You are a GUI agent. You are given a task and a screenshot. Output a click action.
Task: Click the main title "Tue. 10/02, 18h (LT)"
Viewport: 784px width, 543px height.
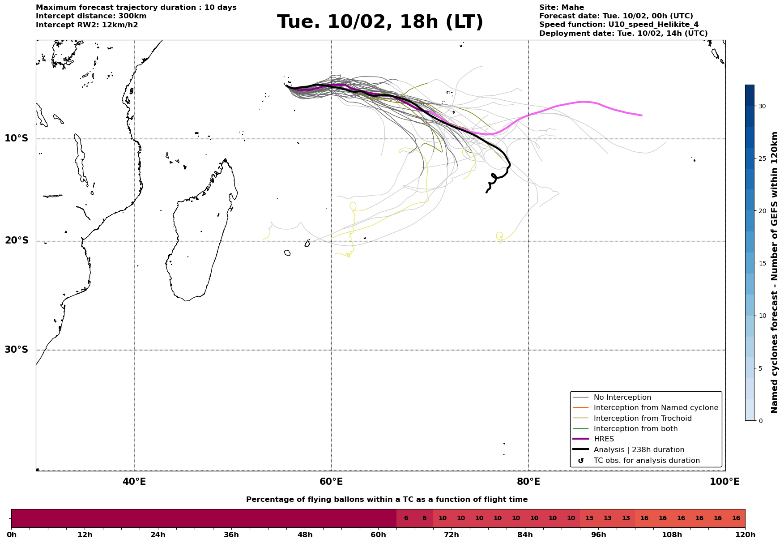point(380,22)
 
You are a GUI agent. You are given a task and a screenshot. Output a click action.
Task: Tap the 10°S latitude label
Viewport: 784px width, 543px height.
point(17,138)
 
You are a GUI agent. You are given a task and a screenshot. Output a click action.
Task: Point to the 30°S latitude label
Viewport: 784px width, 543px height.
point(17,350)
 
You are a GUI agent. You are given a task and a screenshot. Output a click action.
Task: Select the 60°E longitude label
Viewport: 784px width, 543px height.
point(331,482)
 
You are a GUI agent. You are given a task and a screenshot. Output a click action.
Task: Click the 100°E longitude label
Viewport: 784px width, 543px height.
point(724,482)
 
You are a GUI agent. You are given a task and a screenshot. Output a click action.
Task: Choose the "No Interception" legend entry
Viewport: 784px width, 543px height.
point(622,398)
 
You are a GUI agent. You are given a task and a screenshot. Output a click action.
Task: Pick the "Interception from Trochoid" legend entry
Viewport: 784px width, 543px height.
point(642,419)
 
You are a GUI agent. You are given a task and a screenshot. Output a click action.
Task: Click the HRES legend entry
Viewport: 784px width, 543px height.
point(604,439)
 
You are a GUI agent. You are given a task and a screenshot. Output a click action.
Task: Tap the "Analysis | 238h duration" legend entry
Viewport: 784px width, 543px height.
point(639,450)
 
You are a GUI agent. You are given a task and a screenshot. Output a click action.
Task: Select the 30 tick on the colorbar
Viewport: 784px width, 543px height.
point(762,106)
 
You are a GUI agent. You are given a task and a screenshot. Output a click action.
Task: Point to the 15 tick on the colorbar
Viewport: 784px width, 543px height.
point(762,263)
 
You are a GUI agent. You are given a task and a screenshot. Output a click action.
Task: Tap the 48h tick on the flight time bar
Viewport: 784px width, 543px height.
point(305,535)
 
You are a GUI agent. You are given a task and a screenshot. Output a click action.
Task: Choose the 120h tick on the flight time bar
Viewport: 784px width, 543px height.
point(745,535)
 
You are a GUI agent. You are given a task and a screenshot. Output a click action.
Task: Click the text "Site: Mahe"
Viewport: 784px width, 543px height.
point(561,8)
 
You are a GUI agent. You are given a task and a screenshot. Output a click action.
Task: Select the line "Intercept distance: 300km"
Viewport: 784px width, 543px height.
point(91,16)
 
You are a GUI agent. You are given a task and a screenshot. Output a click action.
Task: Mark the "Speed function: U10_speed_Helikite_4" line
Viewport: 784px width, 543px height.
point(618,25)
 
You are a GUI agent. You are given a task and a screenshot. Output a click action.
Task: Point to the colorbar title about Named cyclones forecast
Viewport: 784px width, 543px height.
point(775,272)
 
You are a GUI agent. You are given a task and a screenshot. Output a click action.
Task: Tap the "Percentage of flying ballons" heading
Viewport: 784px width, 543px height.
point(387,500)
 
